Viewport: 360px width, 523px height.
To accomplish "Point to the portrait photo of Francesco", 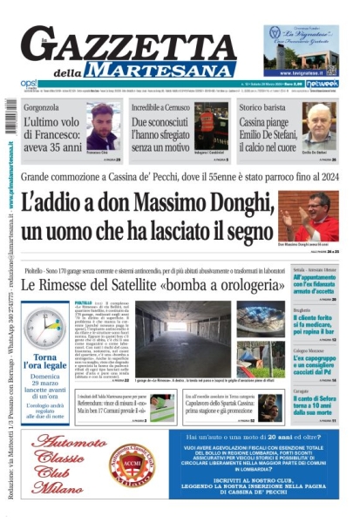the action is point(103,129).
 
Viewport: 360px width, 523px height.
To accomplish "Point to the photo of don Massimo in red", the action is point(309,215).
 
